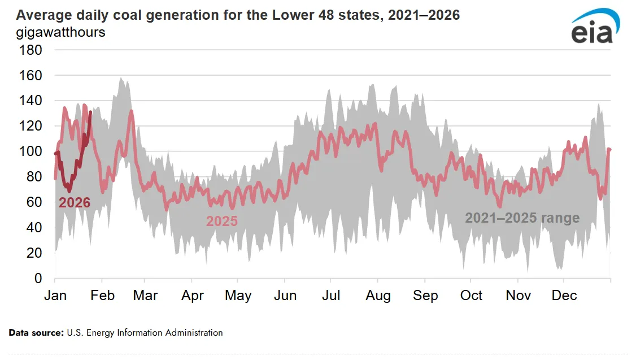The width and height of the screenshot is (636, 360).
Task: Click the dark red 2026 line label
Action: coord(75,202)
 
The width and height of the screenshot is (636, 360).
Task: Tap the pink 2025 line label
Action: coord(221,221)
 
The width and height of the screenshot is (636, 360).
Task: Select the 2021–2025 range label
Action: coord(522,218)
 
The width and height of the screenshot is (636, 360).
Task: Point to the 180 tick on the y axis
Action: coord(31,50)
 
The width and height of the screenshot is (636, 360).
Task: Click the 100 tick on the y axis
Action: coord(31,151)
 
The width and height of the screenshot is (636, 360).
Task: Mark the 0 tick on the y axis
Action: coord(37,279)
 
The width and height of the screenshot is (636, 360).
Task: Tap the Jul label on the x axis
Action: coord(331,296)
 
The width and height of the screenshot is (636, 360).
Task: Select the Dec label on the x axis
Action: coord(564,296)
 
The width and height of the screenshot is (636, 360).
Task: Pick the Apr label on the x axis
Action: coord(193,296)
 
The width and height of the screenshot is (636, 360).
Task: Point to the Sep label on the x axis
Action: coord(425,296)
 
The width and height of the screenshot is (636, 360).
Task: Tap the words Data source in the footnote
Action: coord(36,333)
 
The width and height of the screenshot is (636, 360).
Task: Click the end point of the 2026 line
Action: coord(90,112)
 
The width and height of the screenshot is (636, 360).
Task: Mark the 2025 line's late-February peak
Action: coord(131,111)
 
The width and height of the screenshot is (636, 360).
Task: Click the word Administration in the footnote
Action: coord(194,333)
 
